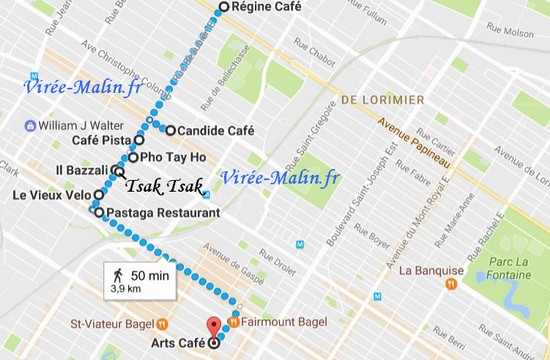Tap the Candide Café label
coord(216,131)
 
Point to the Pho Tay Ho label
coord(172,157)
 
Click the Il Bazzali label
coord(81,172)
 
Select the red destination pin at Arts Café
coord(212,326)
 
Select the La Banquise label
coord(430,270)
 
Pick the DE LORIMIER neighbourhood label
coord(382,101)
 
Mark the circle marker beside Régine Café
coord(223,7)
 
